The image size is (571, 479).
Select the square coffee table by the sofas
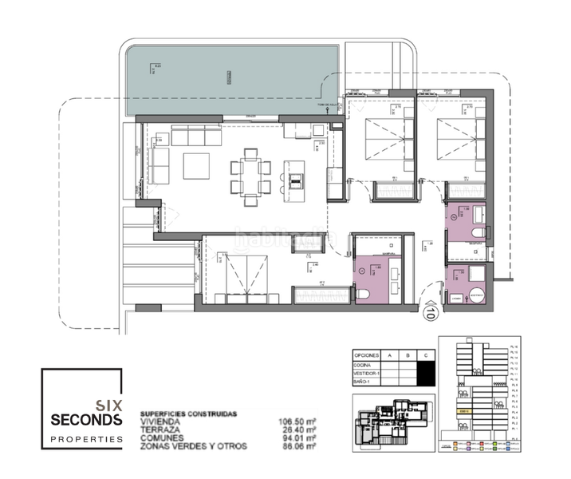pos(195,166)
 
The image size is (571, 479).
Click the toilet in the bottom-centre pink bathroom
pos(363,293)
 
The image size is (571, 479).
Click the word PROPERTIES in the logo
pos(86,438)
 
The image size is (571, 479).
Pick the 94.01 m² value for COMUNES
pos(297,438)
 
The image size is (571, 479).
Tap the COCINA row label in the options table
pos(363,363)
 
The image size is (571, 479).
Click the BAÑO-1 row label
pos(363,384)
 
